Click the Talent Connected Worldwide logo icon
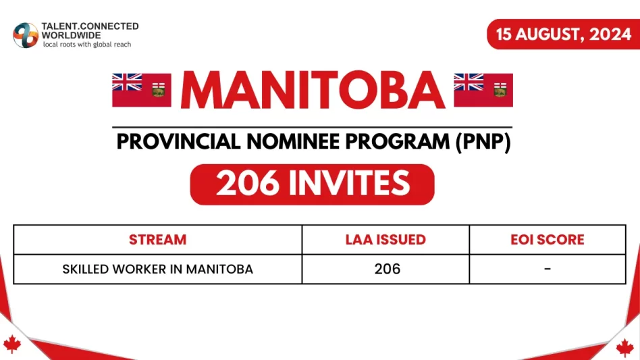(x=26, y=35)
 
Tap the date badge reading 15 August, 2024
(x=563, y=34)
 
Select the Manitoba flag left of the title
(x=142, y=91)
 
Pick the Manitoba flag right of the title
(x=483, y=91)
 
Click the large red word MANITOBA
(x=313, y=91)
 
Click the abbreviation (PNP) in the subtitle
(x=483, y=143)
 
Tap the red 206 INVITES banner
(x=313, y=184)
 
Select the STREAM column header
(x=157, y=240)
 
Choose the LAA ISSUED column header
(x=385, y=240)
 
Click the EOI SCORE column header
(x=548, y=240)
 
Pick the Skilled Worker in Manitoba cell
(x=157, y=269)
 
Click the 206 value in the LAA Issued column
(x=387, y=269)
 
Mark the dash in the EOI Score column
(x=548, y=269)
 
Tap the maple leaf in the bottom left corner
(x=12, y=344)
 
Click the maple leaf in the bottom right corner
(x=624, y=348)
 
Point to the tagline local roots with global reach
(x=87, y=45)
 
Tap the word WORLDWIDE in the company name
(x=71, y=36)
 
